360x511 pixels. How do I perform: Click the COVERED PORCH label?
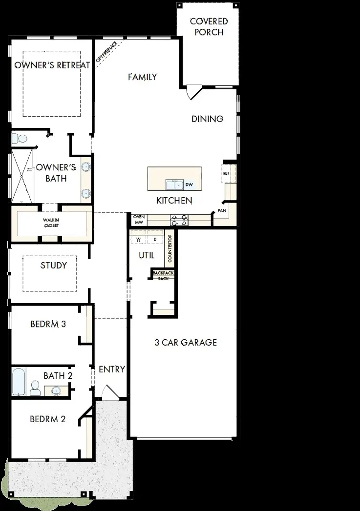pos(209,27)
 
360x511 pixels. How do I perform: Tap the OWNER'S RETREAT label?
pos(52,65)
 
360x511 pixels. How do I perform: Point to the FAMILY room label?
pos(142,77)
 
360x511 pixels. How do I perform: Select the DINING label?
pos(207,119)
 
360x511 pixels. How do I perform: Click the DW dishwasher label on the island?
pos(189,185)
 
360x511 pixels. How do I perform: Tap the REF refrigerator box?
pos(227,173)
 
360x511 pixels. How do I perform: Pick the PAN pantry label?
pos(222,210)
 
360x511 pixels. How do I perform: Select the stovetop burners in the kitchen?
pos(178,220)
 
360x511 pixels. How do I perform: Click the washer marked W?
pos(138,240)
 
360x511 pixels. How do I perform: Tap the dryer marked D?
pos(155,240)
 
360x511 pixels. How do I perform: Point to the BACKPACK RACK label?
pos(163,276)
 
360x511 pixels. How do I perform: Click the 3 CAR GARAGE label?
pos(186,343)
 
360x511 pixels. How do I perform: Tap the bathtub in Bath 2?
pos(18,382)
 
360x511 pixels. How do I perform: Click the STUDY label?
pos(54,266)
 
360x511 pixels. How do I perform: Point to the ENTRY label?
pos(112,369)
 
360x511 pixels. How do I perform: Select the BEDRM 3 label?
pos(48,324)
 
